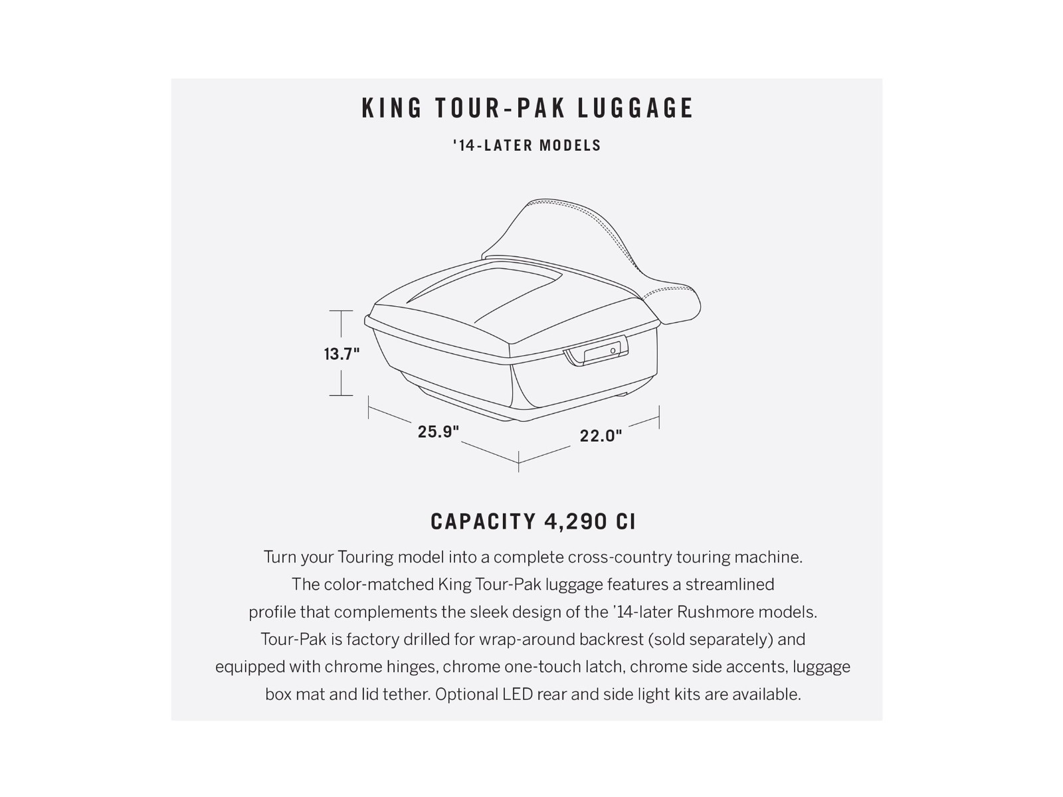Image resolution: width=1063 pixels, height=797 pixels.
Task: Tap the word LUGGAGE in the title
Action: [x=635, y=108]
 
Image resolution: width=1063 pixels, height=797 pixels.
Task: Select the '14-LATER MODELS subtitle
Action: [x=527, y=145]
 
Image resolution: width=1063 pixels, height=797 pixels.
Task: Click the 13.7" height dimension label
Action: [x=342, y=354]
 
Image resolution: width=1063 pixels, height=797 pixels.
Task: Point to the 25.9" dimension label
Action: [x=438, y=431]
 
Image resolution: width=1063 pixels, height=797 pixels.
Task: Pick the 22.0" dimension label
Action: [x=601, y=436]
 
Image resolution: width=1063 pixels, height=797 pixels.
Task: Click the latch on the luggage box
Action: [x=596, y=351]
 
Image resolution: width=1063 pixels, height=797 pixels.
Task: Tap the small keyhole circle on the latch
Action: [x=613, y=351]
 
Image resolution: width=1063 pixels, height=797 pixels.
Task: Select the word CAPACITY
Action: [x=483, y=521]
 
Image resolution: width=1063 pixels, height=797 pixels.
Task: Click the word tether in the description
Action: [x=406, y=695]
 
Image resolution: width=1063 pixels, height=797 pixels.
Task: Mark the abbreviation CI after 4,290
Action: [x=626, y=521]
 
